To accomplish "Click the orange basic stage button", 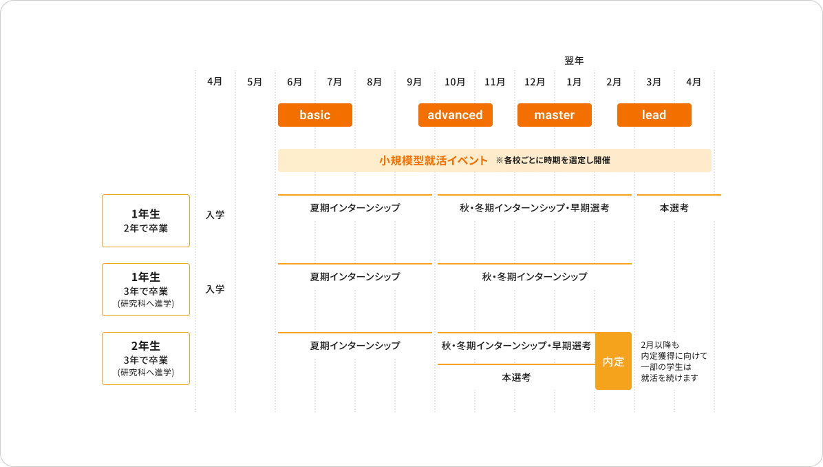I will pos(315,115).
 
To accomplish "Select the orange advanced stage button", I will pos(455,115).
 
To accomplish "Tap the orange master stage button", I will pos(554,115).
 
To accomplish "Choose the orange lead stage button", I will pos(654,115).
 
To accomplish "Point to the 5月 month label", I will pos(255,82).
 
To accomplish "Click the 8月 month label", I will pos(374,82).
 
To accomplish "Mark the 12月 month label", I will pos(535,82).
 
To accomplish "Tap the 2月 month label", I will pos(614,82).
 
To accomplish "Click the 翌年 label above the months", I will pos(574,61).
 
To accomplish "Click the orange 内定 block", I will pos(613,362).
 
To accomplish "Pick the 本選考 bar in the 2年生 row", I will pos(516,377).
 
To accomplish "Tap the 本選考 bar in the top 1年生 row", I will pos(674,207).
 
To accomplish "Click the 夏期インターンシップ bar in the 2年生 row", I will pos(354,345).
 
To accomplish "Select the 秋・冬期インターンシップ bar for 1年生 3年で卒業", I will pos(534,276).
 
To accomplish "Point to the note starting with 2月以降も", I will pos(674,362).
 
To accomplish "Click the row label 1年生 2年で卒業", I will pos(146,220).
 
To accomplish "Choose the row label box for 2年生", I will pos(146,358).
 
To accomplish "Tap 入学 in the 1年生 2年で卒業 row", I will pos(215,215).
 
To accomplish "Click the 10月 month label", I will pos(454,82).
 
